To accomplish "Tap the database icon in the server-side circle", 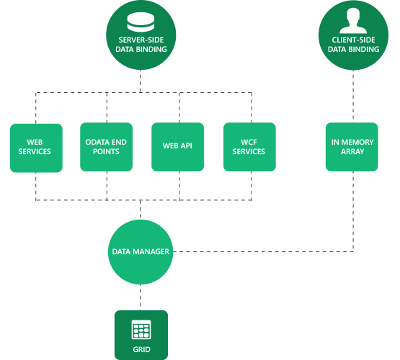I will click(x=141, y=19).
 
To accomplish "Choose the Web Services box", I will click(x=36, y=147).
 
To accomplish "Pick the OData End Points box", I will click(x=107, y=147).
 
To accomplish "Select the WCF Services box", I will click(x=249, y=147).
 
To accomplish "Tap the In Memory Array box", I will click(x=352, y=147).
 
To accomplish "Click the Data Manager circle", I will click(x=141, y=252).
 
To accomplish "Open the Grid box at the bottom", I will click(x=141, y=335).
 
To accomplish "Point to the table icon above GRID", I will click(x=141, y=330).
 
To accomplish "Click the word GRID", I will click(x=141, y=351).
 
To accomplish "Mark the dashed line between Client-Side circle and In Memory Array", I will click(x=353, y=97).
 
